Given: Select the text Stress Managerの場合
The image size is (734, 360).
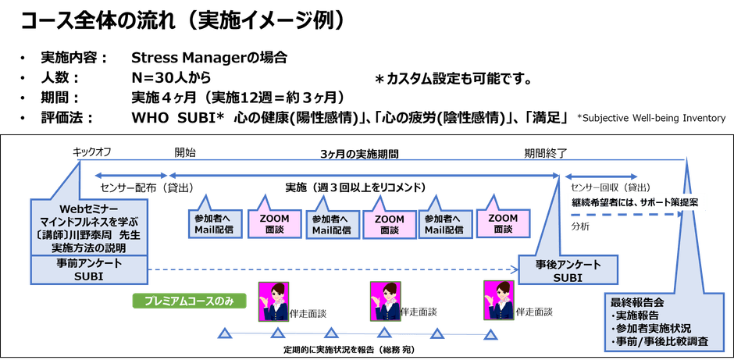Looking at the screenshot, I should tap(209, 59).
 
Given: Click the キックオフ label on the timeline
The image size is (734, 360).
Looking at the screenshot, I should tap(91, 153).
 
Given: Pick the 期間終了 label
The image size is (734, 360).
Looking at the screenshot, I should tap(546, 153).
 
